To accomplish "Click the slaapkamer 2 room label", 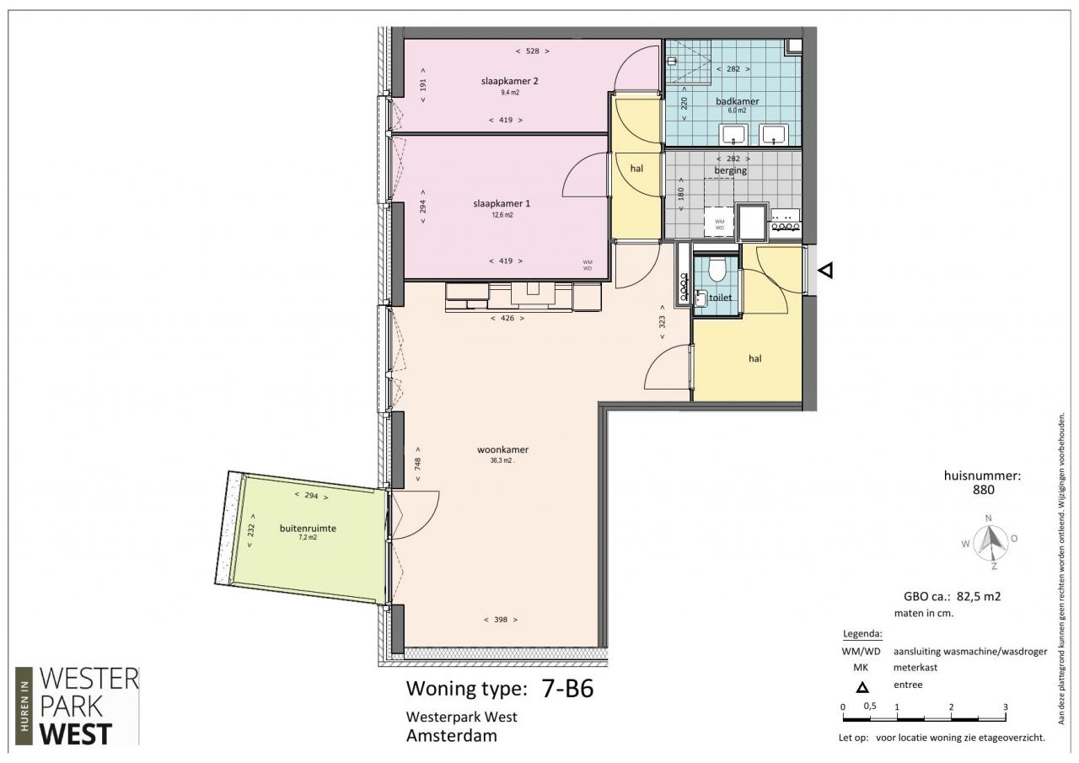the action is click(x=510, y=81).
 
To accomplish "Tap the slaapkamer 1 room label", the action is click(x=502, y=204).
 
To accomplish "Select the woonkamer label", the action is click(x=503, y=449).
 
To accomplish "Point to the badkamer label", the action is click(x=737, y=101).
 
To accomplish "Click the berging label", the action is click(x=730, y=170).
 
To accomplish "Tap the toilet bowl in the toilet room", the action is click(x=717, y=270).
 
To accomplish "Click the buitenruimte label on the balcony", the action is click(x=308, y=528).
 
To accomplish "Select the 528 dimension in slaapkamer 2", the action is click(x=532, y=51).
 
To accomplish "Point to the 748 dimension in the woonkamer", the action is click(x=417, y=464).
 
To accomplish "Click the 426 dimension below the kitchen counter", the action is click(x=507, y=318).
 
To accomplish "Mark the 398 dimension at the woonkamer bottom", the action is click(x=501, y=620).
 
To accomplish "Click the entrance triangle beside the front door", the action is click(x=825, y=270).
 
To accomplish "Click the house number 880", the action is click(x=983, y=490).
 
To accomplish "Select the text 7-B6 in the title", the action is click(x=567, y=688).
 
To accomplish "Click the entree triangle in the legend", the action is click(x=862, y=687).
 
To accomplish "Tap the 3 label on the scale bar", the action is click(x=1006, y=707).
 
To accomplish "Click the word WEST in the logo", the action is click(x=76, y=735).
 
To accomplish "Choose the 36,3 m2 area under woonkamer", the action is click(x=502, y=460).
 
